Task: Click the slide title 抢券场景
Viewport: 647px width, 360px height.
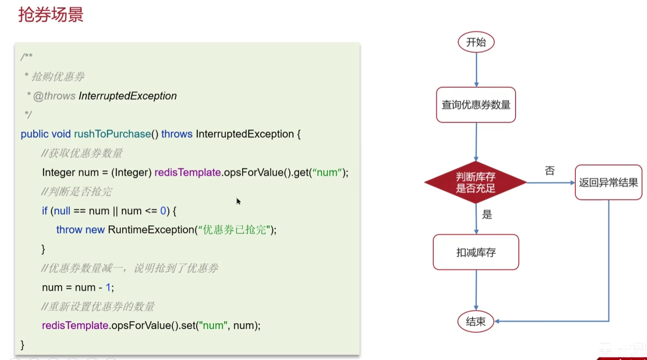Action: (x=51, y=15)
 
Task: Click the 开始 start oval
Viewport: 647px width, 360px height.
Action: (x=476, y=42)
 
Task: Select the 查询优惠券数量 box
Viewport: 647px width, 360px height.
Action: (x=476, y=105)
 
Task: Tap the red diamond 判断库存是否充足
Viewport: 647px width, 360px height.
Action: (x=476, y=182)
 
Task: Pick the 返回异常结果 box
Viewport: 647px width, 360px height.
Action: (x=609, y=182)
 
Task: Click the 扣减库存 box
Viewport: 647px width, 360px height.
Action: (x=476, y=252)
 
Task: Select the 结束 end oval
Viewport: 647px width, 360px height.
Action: (x=476, y=321)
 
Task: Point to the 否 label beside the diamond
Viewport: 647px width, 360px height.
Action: (x=550, y=171)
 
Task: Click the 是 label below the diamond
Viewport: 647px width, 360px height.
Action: (x=487, y=215)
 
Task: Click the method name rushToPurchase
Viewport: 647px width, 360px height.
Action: (x=112, y=134)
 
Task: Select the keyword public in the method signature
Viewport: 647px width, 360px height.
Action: (x=34, y=134)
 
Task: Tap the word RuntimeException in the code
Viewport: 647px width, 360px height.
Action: (x=151, y=230)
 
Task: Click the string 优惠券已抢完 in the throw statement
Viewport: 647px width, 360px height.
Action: (x=235, y=230)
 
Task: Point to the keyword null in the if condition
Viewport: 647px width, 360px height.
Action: (x=62, y=211)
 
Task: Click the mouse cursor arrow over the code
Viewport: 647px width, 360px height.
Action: (x=238, y=201)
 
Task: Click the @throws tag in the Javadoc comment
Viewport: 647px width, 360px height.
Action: (x=54, y=96)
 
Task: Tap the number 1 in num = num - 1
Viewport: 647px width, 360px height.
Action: (x=108, y=287)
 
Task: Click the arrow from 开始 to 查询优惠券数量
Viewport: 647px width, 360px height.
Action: (x=476, y=70)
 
